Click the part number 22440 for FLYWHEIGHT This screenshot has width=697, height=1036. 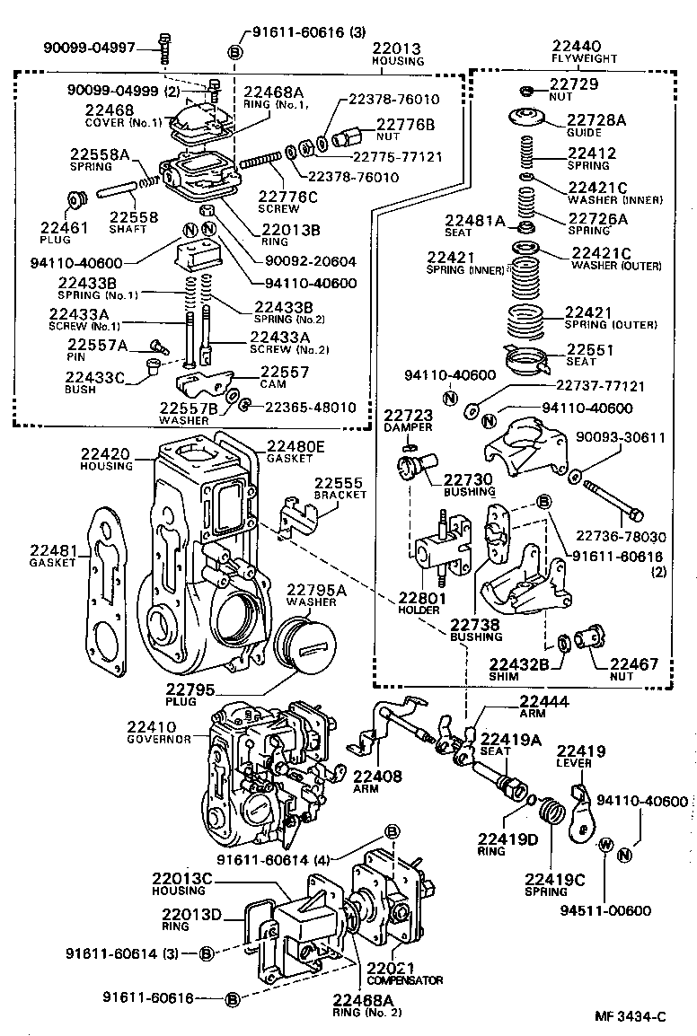pos(578,46)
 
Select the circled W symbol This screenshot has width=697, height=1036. pos(604,845)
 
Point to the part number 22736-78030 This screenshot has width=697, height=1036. pos(620,537)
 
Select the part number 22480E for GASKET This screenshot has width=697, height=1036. pos(296,444)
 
